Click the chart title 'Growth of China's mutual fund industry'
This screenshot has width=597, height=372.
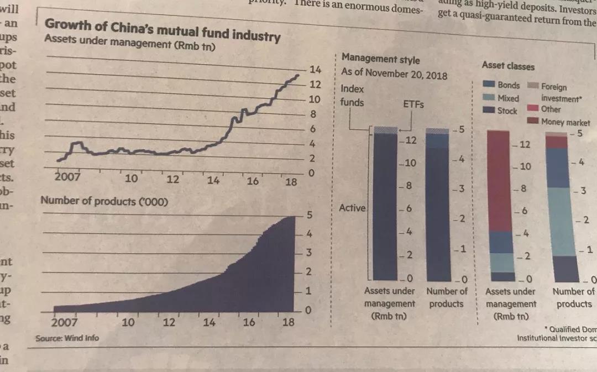tap(162, 30)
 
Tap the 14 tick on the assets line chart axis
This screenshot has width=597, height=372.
tap(316, 70)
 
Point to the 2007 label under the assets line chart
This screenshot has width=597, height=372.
tap(67, 177)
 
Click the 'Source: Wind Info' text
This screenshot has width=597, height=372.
tap(67, 338)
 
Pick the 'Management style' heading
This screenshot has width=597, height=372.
tap(380, 59)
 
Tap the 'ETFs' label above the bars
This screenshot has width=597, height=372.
tap(413, 104)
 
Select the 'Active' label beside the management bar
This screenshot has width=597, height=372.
tap(352, 208)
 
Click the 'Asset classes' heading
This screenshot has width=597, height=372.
tap(508, 66)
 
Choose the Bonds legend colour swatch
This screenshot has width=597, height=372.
tap(489, 85)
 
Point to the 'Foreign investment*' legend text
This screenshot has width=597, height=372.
tap(561, 93)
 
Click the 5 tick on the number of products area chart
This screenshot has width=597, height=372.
tap(310, 214)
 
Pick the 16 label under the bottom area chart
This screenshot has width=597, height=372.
tap(249, 322)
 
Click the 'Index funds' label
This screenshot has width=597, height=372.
tap(352, 95)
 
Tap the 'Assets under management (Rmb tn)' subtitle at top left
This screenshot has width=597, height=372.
tap(130, 44)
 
